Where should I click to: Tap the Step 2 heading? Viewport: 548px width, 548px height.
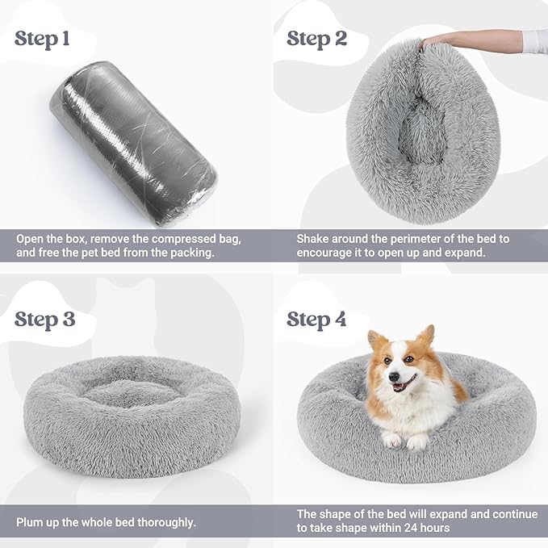point(316,38)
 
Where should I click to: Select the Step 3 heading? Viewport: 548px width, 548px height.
point(45,319)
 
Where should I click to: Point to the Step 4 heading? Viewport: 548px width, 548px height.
point(316,319)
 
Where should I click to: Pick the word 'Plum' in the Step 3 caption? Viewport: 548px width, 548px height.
point(31,522)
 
